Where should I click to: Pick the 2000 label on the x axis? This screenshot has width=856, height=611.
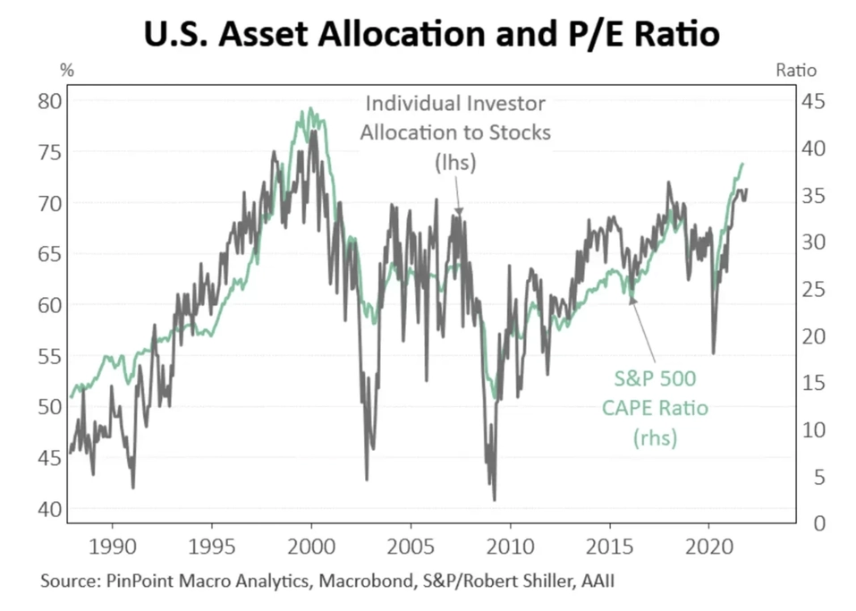(x=311, y=546)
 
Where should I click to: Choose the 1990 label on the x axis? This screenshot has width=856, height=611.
(x=113, y=546)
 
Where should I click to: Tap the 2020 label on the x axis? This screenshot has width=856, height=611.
(x=708, y=546)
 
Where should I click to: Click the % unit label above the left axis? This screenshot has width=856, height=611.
(x=67, y=69)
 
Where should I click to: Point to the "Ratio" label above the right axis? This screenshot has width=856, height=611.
(x=795, y=69)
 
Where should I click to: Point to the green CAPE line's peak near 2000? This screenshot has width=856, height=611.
(x=310, y=109)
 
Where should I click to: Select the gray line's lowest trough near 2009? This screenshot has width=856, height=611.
(x=494, y=499)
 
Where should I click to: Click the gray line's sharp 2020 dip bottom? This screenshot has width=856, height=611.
(x=713, y=353)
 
